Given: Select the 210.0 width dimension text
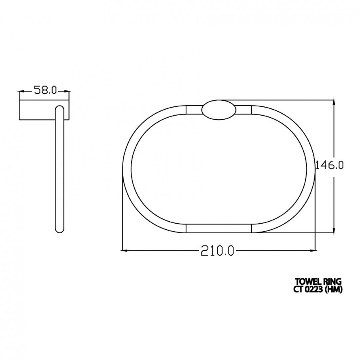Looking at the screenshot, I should [217, 251].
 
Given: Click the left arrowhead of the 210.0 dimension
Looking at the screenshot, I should [125, 251].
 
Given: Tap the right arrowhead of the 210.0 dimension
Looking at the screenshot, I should [312, 251].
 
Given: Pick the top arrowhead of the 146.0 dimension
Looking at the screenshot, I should [335, 103].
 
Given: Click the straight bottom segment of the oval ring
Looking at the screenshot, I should [219, 228].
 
